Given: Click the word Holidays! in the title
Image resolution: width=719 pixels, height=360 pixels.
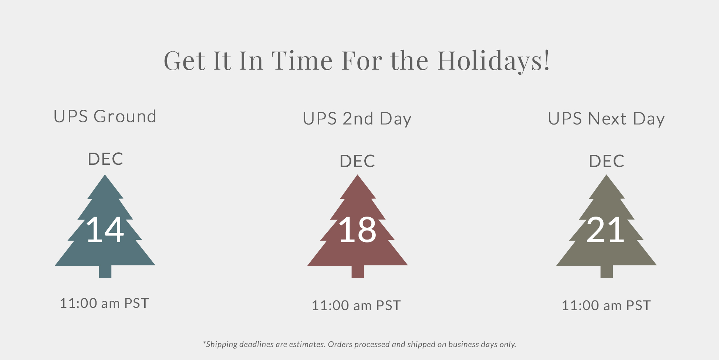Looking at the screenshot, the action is tap(494, 61).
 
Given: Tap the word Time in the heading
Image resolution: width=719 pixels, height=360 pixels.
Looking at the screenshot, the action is tap(302, 61).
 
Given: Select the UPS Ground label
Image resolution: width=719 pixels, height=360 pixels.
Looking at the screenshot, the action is tap(105, 116).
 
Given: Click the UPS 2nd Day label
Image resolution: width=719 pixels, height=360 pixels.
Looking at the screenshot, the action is tap(357, 119).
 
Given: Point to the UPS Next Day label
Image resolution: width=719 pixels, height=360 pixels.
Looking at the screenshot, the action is tap(606, 119).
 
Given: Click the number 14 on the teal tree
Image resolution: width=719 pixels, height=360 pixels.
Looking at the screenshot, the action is tap(105, 230).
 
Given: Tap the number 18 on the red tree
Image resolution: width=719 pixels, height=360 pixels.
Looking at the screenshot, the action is tap(357, 230).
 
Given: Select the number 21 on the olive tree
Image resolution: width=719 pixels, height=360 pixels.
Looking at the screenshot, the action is tap(605, 230).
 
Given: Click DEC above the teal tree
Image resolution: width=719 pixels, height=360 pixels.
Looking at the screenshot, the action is tap(105, 159).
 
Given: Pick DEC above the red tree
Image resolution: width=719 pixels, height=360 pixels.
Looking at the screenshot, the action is tap(357, 161).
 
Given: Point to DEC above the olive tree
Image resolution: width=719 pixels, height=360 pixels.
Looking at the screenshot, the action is tap(607, 161).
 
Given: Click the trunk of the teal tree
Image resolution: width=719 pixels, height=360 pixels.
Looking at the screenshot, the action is tap(105, 272).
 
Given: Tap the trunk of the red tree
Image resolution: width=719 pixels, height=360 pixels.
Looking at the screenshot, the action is tap(358, 272).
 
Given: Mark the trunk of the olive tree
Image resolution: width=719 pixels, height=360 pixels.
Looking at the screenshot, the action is tap(607, 272).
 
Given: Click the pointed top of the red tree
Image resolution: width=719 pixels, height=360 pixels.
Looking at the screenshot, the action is tap(358, 175).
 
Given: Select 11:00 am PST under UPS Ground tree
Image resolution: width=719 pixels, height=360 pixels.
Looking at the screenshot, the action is tap(104, 303).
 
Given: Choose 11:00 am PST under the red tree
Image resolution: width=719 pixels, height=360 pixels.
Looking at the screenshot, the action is tap(356, 306).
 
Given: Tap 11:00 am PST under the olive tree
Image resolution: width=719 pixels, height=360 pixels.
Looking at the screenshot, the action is tap(606, 306).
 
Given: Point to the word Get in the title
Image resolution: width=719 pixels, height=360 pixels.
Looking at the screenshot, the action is tap(185, 61).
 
